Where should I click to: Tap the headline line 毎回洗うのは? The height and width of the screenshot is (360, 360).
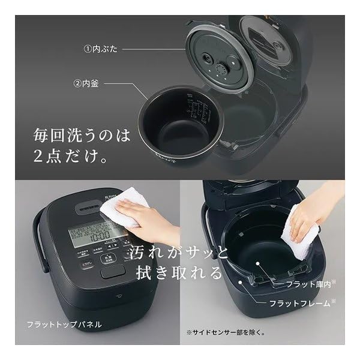pyautogui.click(x=81, y=135)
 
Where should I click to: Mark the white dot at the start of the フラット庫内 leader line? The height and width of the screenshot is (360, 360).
pyautogui.click(x=257, y=263)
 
